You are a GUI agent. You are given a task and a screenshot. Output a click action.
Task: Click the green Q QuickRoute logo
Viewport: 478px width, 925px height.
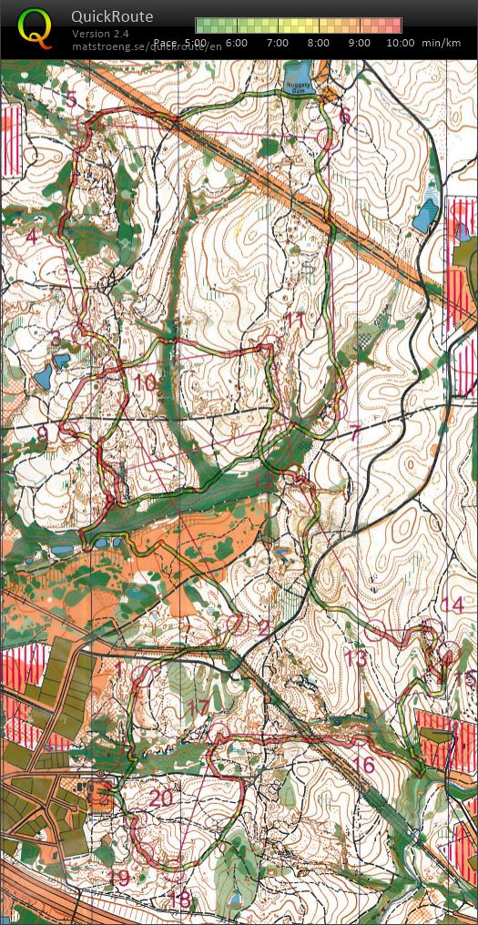click(35, 27)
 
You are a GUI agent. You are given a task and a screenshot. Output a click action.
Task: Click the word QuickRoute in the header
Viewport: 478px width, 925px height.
click(112, 16)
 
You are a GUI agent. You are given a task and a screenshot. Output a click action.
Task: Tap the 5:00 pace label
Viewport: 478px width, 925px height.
click(194, 43)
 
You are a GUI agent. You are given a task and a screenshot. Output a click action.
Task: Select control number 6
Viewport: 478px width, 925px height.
click(343, 117)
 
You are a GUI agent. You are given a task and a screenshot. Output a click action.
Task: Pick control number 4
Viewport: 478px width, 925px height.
click(32, 238)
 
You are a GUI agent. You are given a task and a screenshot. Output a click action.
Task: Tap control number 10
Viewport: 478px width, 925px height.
click(145, 383)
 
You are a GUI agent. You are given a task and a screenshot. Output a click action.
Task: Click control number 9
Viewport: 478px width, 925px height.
click(43, 434)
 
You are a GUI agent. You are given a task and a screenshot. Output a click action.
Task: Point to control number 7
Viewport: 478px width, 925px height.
click(354, 433)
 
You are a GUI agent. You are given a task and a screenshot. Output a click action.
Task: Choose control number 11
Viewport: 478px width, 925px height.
click(294, 321)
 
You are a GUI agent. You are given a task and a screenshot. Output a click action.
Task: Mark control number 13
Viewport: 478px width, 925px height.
click(355, 658)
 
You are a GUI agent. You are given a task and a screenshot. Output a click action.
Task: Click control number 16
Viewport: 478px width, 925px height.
click(363, 765)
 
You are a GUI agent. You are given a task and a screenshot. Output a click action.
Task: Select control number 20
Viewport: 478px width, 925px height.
click(161, 798)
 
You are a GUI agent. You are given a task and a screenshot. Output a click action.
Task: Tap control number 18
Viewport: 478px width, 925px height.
click(179, 900)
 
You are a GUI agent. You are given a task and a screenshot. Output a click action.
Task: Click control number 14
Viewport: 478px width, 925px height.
click(452, 605)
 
